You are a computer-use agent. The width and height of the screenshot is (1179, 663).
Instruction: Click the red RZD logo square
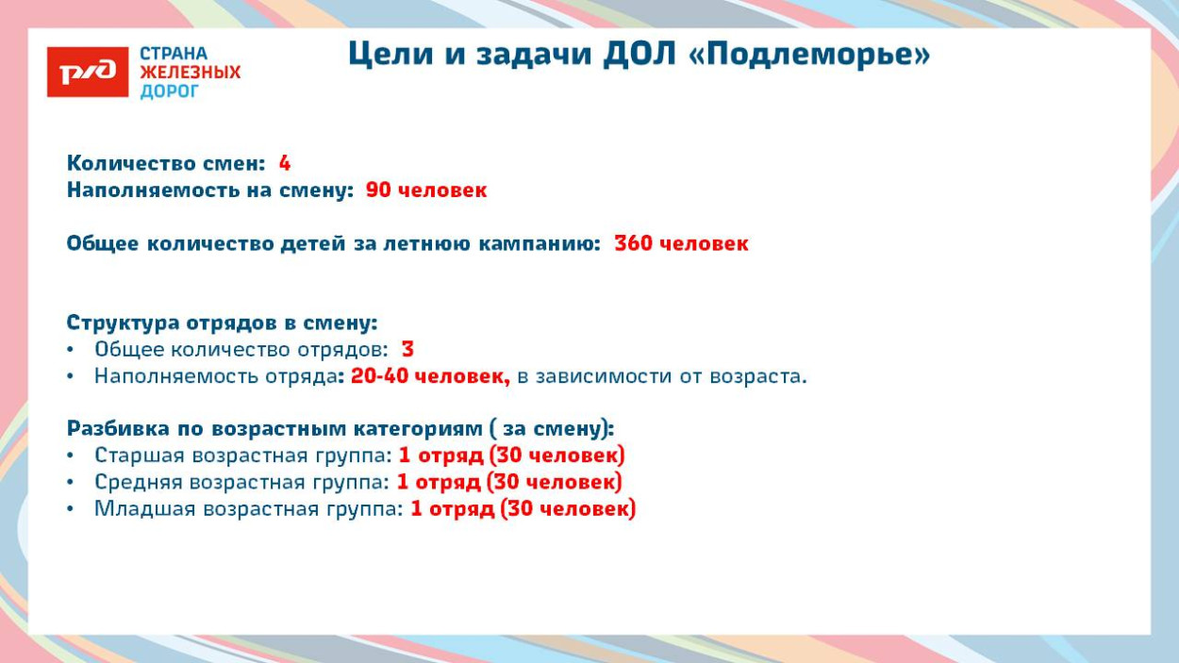click(88, 72)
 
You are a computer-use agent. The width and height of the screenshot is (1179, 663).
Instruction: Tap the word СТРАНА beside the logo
click(174, 54)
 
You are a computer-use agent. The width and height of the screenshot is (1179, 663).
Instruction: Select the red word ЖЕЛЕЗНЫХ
click(190, 72)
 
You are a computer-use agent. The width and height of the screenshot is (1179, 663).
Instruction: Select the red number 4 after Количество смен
click(285, 163)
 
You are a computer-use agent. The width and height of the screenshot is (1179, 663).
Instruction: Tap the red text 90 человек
click(426, 190)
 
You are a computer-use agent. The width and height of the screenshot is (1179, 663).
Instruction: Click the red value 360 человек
click(681, 243)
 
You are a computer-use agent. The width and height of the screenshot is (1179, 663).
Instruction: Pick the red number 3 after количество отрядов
click(407, 349)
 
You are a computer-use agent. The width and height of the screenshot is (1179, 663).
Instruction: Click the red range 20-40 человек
click(430, 376)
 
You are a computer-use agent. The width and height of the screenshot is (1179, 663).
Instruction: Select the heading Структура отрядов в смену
click(222, 323)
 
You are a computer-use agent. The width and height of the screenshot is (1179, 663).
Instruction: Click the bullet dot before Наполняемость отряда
click(71, 376)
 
